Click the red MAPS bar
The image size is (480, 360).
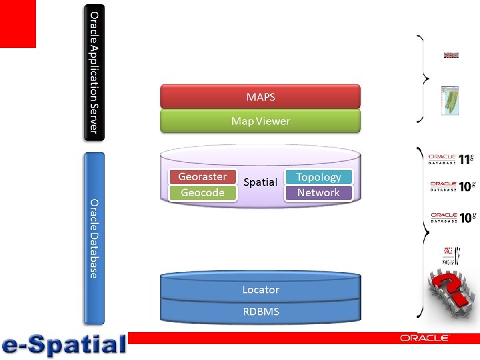click(x=260, y=97)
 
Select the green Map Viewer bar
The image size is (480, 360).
click(x=260, y=121)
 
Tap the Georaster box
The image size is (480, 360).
click(x=203, y=177)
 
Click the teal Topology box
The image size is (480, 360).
click(x=318, y=177)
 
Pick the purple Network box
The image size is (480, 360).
click(x=318, y=193)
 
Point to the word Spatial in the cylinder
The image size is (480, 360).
click(x=260, y=182)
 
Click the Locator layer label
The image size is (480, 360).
click(x=260, y=290)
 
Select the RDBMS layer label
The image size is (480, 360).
click(x=260, y=311)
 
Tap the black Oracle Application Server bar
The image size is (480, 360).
click(x=94, y=72)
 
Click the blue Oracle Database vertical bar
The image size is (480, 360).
click(x=94, y=238)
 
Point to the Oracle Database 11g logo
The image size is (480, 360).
click(x=451, y=159)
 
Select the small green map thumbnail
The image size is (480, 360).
click(x=451, y=101)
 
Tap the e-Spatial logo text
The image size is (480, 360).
click(x=64, y=345)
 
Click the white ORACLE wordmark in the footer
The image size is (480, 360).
click(x=425, y=339)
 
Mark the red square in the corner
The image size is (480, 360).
click(x=17, y=23)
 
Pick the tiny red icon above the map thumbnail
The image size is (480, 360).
click(x=451, y=55)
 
